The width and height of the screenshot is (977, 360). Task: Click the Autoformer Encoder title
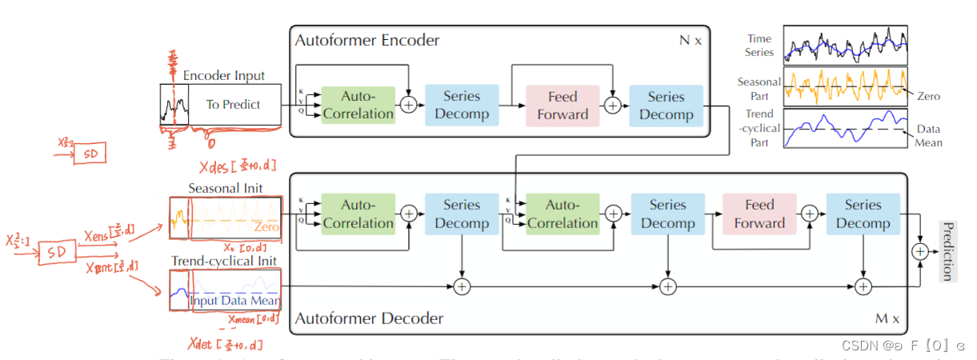coord(367,40)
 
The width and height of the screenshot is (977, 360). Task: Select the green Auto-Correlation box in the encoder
coord(358,105)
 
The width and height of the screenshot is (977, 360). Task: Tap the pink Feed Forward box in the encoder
coord(563,105)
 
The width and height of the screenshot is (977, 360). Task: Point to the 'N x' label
coord(690,40)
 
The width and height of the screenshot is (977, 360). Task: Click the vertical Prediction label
coord(947,251)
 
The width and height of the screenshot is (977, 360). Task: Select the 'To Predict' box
coord(234,104)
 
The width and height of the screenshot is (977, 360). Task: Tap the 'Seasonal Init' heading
coord(225,188)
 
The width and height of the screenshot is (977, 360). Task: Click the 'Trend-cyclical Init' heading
coord(224,261)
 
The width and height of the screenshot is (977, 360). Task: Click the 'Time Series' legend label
coord(760,45)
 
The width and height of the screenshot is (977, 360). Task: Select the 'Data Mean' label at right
coord(928,135)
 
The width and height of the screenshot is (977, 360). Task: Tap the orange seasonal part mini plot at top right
coord(845,86)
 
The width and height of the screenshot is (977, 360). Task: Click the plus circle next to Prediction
coord(920,251)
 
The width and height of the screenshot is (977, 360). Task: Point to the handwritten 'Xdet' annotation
coord(225,345)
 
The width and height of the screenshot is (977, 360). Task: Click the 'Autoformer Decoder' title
coord(369,318)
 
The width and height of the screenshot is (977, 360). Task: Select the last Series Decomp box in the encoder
coord(666,105)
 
